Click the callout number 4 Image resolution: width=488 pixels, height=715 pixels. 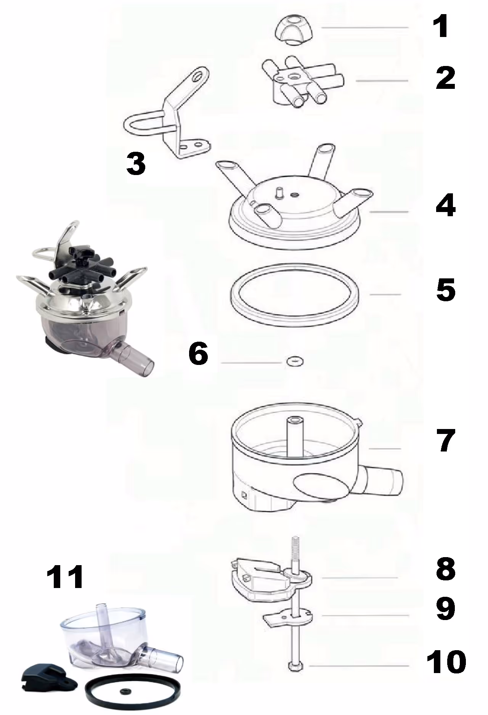point(446,206)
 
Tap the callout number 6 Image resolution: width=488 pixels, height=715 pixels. point(199,353)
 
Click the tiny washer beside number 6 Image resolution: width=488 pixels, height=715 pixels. point(293,360)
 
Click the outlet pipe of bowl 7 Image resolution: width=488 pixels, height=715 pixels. point(381,483)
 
